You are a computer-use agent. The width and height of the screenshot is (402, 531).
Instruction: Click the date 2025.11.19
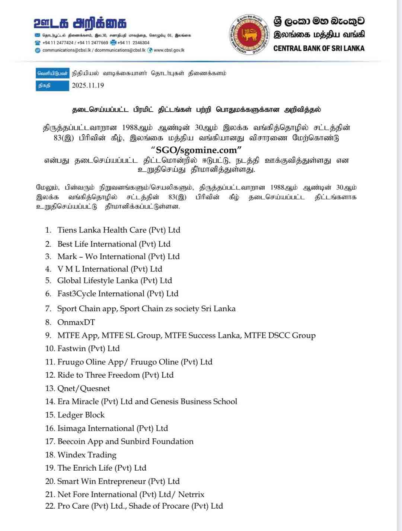pyautogui.click(x=88, y=85)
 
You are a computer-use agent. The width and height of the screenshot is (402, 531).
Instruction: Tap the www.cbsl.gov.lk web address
pyautogui.click(x=169, y=50)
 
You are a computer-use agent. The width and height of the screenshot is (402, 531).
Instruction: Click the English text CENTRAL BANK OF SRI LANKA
pyautogui.click(x=319, y=48)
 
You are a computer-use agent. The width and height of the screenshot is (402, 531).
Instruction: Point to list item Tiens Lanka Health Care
pyautogui.click(x=119, y=230)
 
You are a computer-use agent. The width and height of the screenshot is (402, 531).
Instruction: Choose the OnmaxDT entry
pyautogui.click(x=76, y=322)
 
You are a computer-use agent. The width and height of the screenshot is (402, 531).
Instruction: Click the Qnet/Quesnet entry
pyautogui.click(x=83, y=388)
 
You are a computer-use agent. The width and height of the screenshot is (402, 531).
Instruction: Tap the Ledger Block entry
pyautogui.click(x=81, y=415)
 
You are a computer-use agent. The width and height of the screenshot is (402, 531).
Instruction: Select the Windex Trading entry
pyautogui.click(x=87, y=455)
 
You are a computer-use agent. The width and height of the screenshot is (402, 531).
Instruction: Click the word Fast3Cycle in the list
pyautogui.click(x=76, y=293)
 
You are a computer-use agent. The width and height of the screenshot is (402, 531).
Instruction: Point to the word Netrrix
pyautogui.click(x=191, y=495)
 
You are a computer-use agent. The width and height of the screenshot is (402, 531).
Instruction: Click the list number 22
pyautogui.click(x=50, y=506)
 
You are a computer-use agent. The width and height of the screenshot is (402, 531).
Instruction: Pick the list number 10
pyautogui.click(x=50, y=349)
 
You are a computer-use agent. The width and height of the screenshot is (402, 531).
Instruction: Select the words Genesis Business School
pyautogui.click(x=194, y=401)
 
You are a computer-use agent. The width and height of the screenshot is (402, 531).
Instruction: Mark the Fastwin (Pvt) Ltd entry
pyautogui.click(x=89, y=349)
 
